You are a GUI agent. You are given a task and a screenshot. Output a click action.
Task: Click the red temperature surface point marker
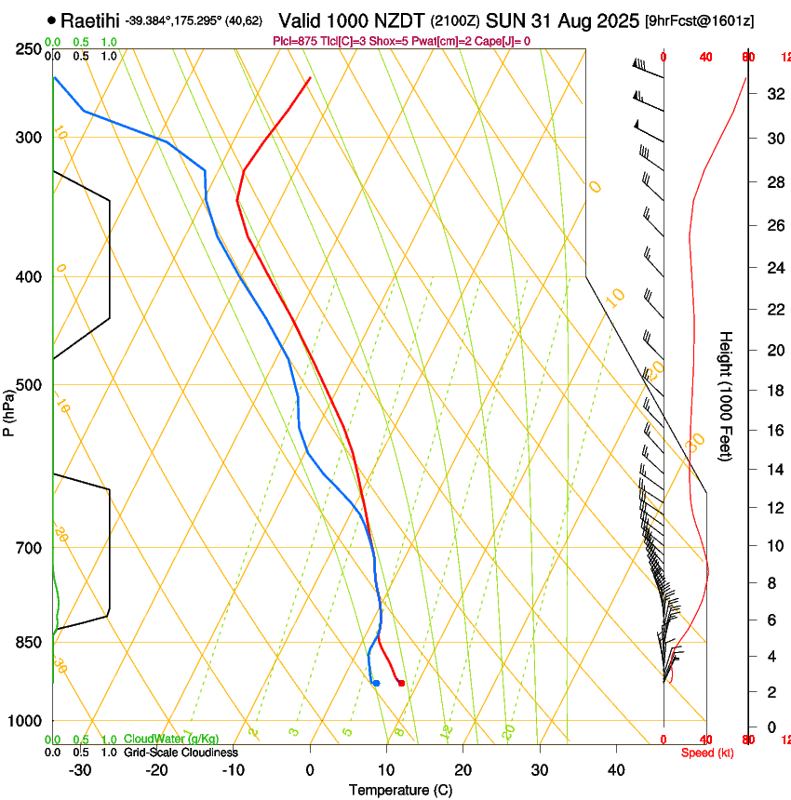pyautogui.click(x=401, y=683)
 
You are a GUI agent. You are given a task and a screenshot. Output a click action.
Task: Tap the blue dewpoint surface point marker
pyautogui.click(x=376, y=683)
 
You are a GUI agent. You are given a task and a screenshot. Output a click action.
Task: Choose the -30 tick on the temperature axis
pyautogui.click(x=80, y=769)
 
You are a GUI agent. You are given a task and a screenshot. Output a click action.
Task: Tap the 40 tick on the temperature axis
pyautogui.click(x=616, y=769)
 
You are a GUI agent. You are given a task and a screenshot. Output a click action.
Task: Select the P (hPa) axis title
pyautogui.click(x=9, y=409)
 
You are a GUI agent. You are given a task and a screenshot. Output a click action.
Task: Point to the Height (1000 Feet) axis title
pyautogui.click(x=726, y=395)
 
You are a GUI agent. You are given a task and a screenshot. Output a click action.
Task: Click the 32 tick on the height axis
pyautogui.click(x=772, y=94)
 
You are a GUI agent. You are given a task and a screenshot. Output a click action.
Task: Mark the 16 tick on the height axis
pyautogui.click(x=772, y=430)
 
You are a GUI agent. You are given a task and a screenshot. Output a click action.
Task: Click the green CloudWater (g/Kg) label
pyautogui.click(x=171, y=739)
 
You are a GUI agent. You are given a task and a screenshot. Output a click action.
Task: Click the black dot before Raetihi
pyautogui.click(x=50, y=20)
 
